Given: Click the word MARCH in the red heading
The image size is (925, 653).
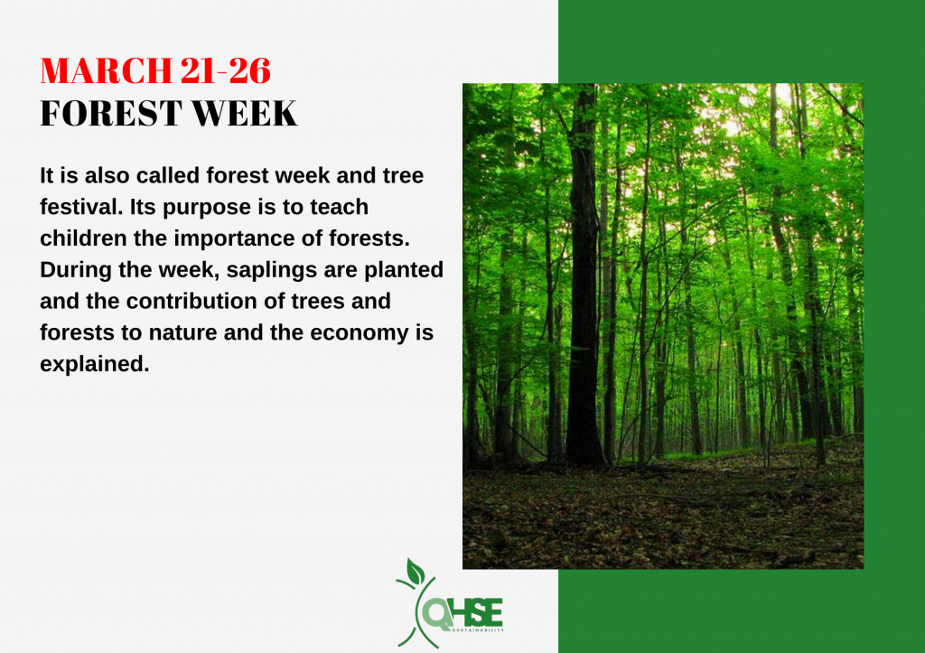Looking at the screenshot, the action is click(106, 70).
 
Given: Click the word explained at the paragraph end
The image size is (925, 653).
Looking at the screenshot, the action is click(94, 365).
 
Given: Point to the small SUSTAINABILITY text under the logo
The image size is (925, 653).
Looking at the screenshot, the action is click(478, 630).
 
